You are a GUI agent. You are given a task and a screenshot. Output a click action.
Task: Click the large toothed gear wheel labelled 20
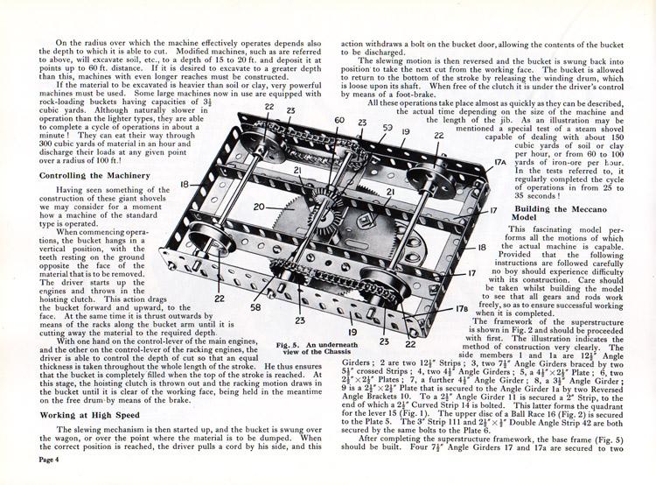284,219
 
